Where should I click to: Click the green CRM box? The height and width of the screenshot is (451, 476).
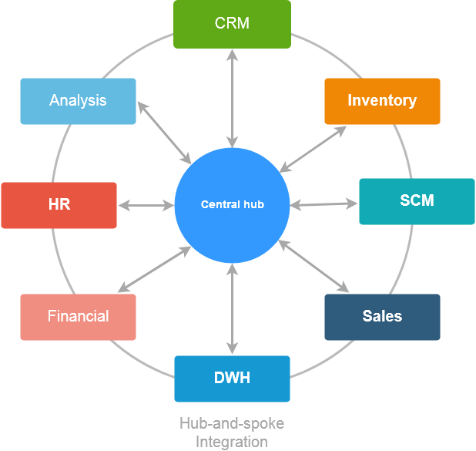tap(232, 23)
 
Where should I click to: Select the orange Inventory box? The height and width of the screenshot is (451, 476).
tap(382, 101)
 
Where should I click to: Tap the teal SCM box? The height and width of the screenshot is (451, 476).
tap(417, 201)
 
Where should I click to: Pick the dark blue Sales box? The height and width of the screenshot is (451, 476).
tap(382, 317)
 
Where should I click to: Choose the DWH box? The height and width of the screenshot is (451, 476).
tap(232, 379)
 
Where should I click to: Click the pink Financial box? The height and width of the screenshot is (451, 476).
tap(78, 317)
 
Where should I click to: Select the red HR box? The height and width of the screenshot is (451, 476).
tap(59, 205)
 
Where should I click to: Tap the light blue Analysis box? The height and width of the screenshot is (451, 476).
tap(78, 101)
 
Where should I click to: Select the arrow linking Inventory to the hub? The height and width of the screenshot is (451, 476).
tap(313, 149)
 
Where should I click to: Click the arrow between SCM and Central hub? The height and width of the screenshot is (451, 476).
tap(324, 204)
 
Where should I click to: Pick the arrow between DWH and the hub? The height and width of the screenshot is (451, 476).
tap(232, 309)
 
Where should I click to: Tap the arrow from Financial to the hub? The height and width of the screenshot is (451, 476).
tap(153, 270)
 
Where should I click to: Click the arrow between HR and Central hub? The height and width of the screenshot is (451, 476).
tap(146, 205)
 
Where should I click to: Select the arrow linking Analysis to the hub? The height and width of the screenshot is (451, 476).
tap(164, 132)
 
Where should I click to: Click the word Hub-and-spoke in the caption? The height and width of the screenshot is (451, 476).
tap(232, 424)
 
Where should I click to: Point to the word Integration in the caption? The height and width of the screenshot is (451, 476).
tap(232, 442)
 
